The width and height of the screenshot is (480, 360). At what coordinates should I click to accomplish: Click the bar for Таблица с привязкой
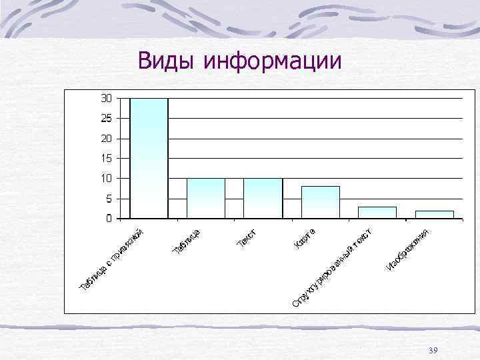coord(149,158)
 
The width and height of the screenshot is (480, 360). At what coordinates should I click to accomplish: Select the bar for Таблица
coord(206,198)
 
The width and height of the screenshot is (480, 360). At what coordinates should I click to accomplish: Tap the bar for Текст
coord(263,198)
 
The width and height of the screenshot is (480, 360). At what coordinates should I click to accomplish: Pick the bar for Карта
coord(320,202)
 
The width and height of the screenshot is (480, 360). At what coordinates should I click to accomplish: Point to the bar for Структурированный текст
coord(377,213)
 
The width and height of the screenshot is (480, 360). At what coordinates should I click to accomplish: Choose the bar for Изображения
coord(434,215)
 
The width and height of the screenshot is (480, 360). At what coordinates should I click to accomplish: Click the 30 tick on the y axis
coord(106,99)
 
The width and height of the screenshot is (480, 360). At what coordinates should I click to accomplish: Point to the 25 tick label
coord(106,119)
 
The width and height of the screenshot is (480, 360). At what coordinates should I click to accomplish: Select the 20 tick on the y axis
coord(106,139)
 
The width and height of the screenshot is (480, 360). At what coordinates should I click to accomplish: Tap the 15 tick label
coord(106,159)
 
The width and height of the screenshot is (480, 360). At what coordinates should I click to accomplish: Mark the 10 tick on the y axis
coord(106,179)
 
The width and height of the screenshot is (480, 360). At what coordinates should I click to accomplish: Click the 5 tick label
coord(109,199)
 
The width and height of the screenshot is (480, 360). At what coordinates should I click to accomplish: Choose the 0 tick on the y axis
coord(109,219)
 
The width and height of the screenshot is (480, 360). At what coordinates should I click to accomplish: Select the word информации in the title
coord(273,61)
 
